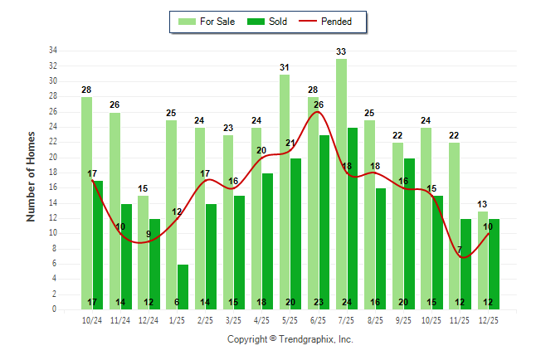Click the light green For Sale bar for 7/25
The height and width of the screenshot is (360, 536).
341,182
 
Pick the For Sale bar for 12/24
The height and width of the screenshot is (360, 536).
143,249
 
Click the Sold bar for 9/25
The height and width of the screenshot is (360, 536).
409,232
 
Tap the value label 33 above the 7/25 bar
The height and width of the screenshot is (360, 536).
341,51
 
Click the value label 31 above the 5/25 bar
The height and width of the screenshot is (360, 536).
285,67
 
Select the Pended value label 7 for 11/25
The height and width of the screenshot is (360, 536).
459,250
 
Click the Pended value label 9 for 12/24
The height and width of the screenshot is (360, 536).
149,235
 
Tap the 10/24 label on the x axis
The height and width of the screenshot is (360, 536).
92,320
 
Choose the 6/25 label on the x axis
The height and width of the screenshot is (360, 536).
319,320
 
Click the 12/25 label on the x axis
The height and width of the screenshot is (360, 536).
489,320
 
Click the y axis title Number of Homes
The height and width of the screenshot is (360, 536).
32,176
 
